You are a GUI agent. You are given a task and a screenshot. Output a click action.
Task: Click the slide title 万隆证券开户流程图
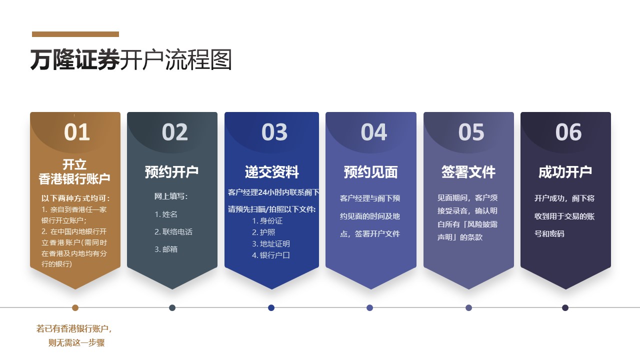pyautogui.click(x=131, y=59)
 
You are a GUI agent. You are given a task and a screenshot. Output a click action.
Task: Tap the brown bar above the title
pyautogui.click(x=75, y=34)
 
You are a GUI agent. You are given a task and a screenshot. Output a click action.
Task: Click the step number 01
pyautogui.click(x=77, y=132)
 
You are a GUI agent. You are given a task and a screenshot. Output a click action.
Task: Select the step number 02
pyautogui.click(x=174, y=132)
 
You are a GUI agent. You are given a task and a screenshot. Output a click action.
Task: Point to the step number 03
pyautogui.click(x=274, y=132)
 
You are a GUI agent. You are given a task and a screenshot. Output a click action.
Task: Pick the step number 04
pyautogui.click(x=373, y=132)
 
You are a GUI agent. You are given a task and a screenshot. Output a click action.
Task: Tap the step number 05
pyautogui.click(x=471, y=132)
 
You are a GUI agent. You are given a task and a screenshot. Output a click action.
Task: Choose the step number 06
pyautogui.click(x=568, y=132)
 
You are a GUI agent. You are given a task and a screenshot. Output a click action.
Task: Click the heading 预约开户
pyautogui.click(x=171, y=172)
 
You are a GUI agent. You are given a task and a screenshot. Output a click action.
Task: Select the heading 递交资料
pyautogui.click(x=271, y=172)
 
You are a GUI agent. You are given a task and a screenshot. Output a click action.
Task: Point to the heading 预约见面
pyautogui.click(x=370, y=172)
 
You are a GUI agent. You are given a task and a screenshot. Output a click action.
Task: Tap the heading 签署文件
pyautogui.click(x=468, y=172)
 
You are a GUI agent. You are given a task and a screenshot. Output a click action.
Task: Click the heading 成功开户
pyautogui.click(x=565, y=172)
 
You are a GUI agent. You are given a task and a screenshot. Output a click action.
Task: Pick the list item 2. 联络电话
pyautogui.click(x=173, y=231)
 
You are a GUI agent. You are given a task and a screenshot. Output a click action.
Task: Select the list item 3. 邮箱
pyautogui.click(x=166, y=249)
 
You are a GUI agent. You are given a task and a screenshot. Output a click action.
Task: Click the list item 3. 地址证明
pyautogui.click(x=271, y=243)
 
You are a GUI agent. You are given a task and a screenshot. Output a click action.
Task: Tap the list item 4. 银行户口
pyautogui.click(x=271, y=255)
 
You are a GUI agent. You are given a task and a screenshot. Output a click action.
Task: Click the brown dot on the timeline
pyautogui.click(x=75, y=307)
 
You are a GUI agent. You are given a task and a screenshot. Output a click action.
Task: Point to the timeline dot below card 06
pyautogui.click(x=565, y=307)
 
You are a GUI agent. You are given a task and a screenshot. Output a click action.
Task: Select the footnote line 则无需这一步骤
pyautogui.click(x=76, y=342)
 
